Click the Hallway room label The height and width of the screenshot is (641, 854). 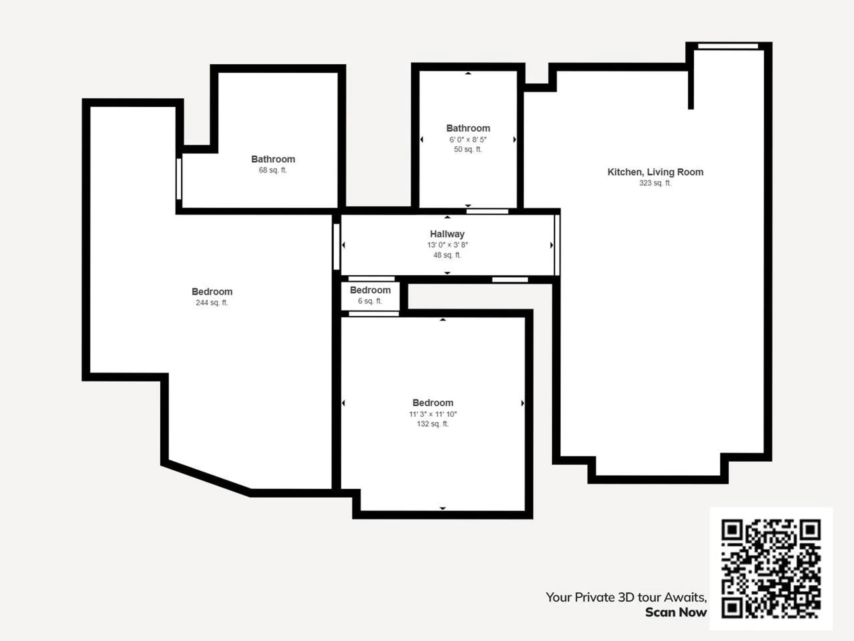(x=447, y=234)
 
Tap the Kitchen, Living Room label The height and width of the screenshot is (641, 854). (x=655, y=172)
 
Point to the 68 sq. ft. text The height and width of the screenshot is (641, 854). (x=273, y=170)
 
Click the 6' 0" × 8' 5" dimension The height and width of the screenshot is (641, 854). (x=468, y=140)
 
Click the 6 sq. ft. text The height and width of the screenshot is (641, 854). (x=370, y=301)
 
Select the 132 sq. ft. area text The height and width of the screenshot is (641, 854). (x=433, y=424)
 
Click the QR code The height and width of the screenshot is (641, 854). (x=771, y=568)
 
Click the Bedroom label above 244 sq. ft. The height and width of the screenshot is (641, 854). (x=212, y=292)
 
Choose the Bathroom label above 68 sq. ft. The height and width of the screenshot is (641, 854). (x=273, y=159)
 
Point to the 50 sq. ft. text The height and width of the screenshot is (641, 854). (x=468, y=149)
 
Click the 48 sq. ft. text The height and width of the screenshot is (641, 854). (x=447, y=255)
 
